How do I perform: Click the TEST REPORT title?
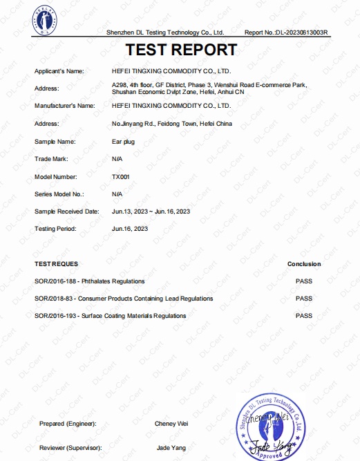tap(180, 50)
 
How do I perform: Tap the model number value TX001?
tap(121, 177)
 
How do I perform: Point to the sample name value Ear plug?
tap(124, 141)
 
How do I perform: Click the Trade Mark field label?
tap(50, 159)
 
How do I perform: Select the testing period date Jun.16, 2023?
tap(130, 228)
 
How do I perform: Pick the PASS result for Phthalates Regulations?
tap(304, 281)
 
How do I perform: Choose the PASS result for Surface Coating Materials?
tap(304, 316)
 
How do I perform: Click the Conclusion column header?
tap(304, 264)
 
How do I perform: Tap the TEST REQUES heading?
tap(56, 264)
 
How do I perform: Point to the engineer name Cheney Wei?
tap(171, 423)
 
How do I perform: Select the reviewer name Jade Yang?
tap(170, 449)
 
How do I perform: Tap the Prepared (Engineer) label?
tap(68, 423)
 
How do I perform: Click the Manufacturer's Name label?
tap(64, 106)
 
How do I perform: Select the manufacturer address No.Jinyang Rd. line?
tap(163, 124)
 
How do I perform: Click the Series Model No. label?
tap(59, 194)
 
